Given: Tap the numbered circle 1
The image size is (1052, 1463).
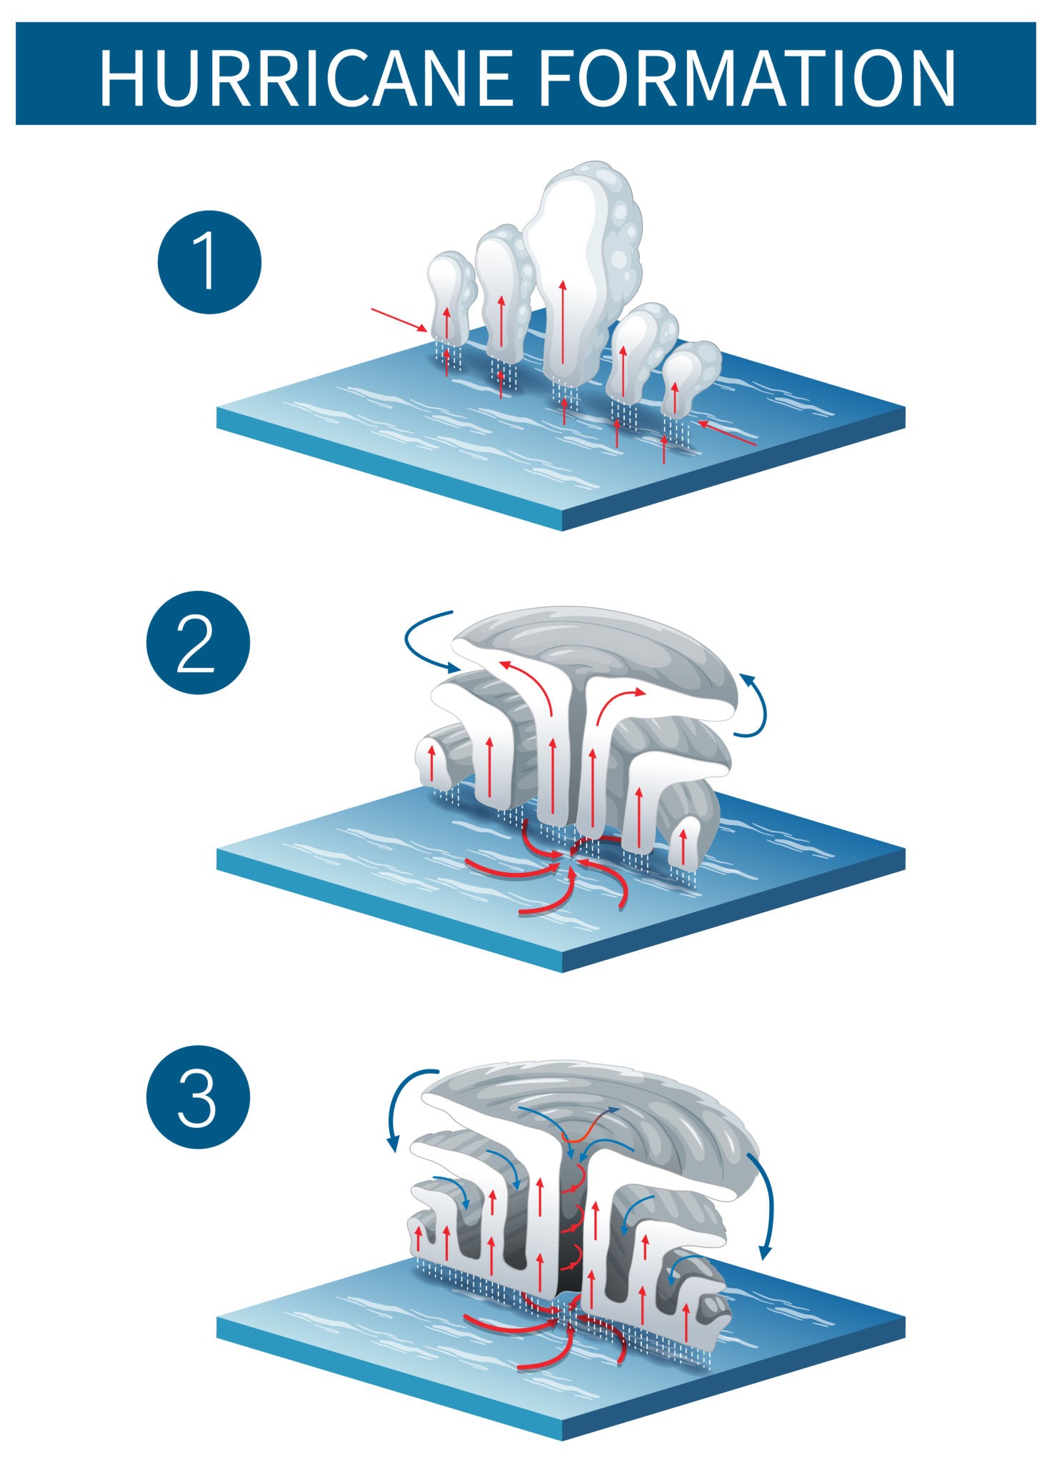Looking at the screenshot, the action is (x=209, y=261).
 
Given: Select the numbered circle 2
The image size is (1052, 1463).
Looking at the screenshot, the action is (x=198, y=642).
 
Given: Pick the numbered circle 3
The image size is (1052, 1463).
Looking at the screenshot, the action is (x=198, y=1097).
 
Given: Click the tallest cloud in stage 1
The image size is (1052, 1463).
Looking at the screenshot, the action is (x=582, y=271).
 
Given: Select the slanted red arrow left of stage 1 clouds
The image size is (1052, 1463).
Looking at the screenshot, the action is (x=399, y=320).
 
